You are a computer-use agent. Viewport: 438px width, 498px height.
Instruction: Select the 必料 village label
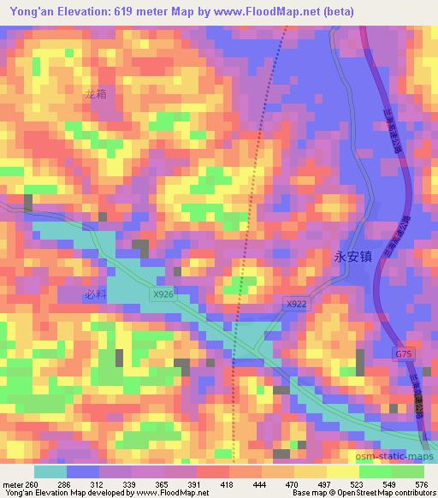point(95,293)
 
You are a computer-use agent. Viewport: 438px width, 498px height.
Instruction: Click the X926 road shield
point(163,294)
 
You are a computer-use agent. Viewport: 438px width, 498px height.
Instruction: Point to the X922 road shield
point(296,303)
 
